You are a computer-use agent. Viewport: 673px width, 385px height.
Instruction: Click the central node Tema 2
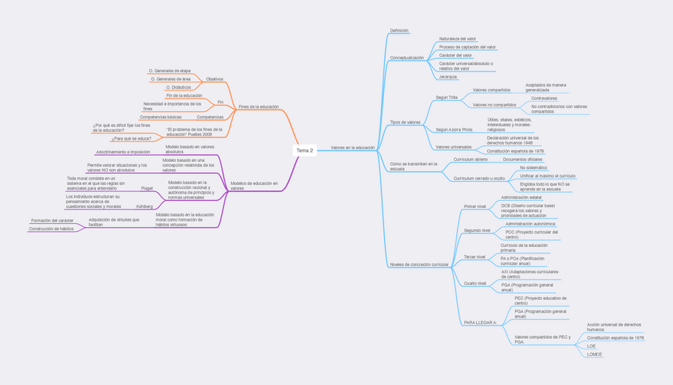305,150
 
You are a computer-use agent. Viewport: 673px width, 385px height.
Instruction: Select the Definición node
399,31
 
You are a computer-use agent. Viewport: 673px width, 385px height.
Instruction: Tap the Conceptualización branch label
406,58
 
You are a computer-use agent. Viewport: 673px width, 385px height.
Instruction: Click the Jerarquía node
448,77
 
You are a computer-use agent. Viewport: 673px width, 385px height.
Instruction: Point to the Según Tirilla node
447,98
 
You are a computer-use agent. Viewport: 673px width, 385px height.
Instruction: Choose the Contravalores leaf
544,98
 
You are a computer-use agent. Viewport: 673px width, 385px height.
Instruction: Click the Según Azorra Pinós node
454,129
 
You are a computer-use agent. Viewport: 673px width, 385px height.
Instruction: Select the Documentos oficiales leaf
522,160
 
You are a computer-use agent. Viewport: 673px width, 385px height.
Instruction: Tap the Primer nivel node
475,206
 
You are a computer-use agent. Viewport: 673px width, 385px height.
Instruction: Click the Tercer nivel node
475,257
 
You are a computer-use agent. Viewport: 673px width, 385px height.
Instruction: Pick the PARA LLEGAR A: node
480,323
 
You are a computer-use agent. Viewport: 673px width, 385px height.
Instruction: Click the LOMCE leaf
594,354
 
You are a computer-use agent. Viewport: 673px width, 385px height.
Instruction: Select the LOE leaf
591,346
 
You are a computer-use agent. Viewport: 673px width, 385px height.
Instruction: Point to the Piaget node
147,188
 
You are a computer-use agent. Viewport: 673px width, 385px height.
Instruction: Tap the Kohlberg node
144,206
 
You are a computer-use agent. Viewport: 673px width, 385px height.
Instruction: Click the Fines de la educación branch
259,106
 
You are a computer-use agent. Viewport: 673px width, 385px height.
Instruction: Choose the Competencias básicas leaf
160,117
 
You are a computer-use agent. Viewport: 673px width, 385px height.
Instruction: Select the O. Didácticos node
179,87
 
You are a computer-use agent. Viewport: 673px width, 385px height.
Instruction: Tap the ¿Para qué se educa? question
131,138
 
